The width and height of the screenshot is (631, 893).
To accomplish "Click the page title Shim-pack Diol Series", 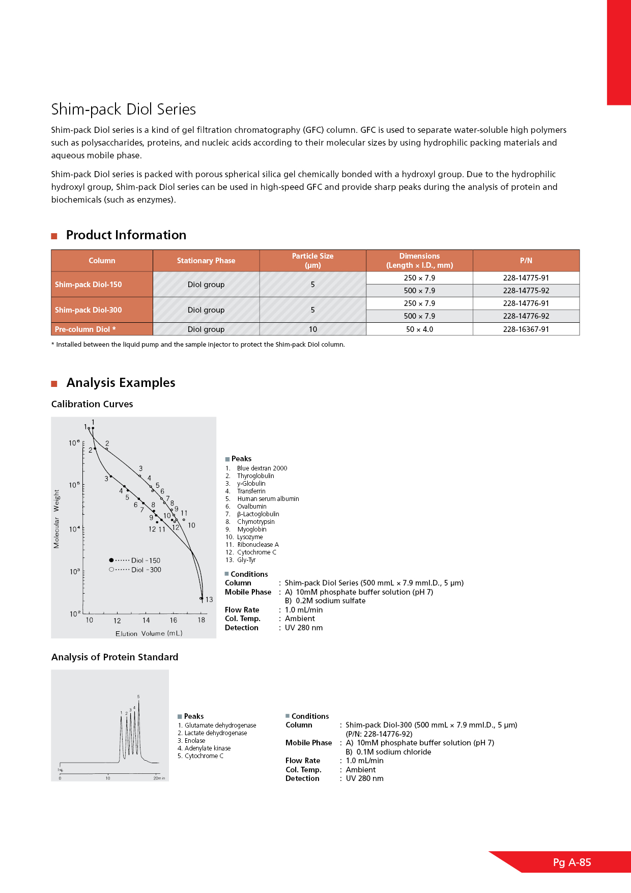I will coord(123,109).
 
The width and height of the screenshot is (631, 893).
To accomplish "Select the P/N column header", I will coord(526,261).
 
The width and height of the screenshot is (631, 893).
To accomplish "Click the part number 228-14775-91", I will coord(526,278).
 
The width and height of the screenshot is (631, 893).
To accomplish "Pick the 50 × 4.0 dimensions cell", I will coord(419,329).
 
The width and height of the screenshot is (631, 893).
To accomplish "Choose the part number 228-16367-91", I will coord(526,329).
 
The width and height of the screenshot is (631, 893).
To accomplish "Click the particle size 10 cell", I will coord(312,329).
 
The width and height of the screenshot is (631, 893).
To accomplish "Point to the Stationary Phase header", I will coord(206,261).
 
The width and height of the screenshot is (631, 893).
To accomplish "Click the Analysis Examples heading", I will coord(121,383).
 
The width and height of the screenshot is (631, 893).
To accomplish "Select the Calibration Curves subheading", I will coord(92,404).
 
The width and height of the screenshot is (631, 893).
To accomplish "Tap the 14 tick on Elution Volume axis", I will coord(146,620).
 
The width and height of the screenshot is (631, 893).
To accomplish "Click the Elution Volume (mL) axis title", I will coord(149,634).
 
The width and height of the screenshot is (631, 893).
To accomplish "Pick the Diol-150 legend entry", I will coord(135,561).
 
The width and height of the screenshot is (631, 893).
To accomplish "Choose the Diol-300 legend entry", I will coord(135,570).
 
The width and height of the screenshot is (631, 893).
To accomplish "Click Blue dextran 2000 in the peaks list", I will coord(262,468).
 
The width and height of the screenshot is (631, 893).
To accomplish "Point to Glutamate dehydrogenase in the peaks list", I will coord(220,725).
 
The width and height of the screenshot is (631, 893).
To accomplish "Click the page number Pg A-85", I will coord(572,862).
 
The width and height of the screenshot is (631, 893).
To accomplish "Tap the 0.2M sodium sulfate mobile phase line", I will coord(325,601).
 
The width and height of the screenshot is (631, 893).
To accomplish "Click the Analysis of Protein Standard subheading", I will coord(114,657).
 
